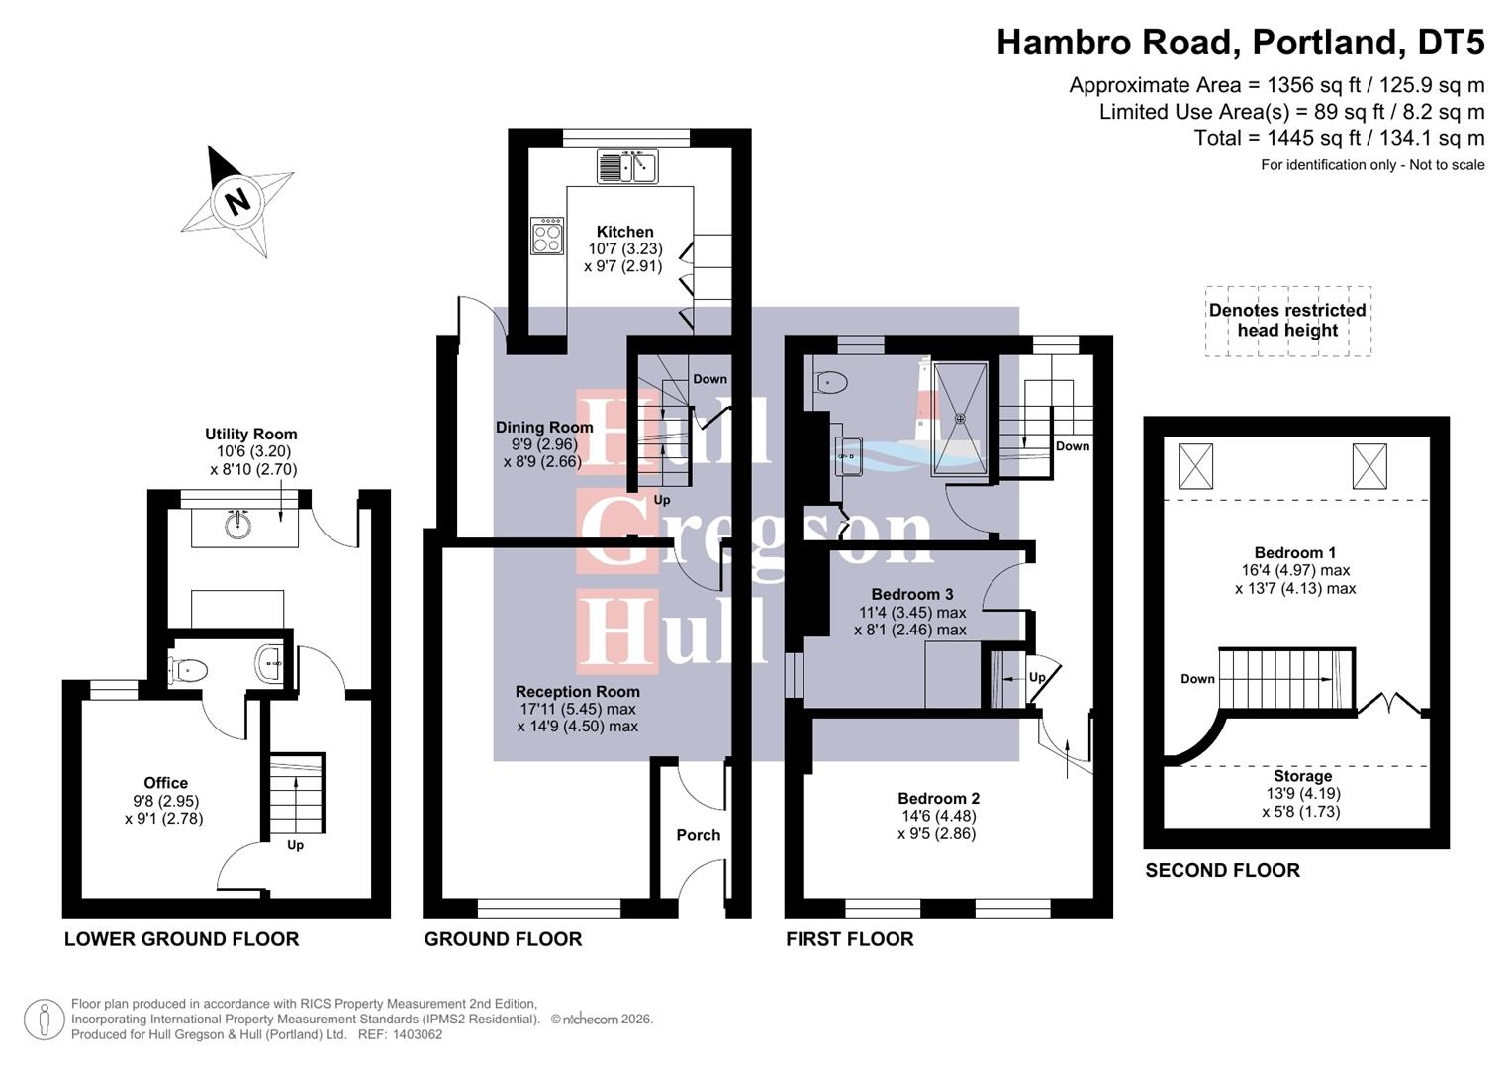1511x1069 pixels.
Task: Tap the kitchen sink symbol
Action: pyautogui.click(x=627, y=166)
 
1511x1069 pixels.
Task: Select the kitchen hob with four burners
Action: pyautogui.click(x=547, y=236)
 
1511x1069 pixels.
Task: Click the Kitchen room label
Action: pyautogui.click(x=624, y=232)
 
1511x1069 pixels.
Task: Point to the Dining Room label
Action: pyautogui.click(x=544, y=428)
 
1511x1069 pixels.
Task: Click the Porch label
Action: pyautogui.click(x=698, y=835)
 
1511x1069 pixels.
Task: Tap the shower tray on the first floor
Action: pyautogui.click(x=959, y=419)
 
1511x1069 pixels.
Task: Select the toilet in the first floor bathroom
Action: pyautogui.click(x=831, y=382)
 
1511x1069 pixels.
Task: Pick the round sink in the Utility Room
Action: pyautogui.click(x=237, y=525)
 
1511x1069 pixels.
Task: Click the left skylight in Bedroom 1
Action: pyautogui.click(x=1195, y=466)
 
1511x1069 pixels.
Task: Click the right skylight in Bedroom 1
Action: pyautogui.click(x=1369, y=466)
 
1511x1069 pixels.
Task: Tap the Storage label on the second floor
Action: pyautogui.click(x=1302, y=776)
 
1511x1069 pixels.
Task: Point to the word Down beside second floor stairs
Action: pyautogui.click(x=1197, y=679)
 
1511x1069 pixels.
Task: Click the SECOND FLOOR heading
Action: pyautogui.click(x=1222, y=870)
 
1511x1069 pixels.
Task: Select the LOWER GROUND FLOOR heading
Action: pyautogui.click(x=181, y=939)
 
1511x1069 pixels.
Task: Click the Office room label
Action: pyautogui.click(x=165, y=783)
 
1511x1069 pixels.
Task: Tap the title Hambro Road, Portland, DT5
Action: pyautogui.click(x=1240, y=43)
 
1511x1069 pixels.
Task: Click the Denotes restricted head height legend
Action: pyautogui.click(x=1287, y=320)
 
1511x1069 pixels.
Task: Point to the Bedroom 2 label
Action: pyautogui.click(x=938, y=799)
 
